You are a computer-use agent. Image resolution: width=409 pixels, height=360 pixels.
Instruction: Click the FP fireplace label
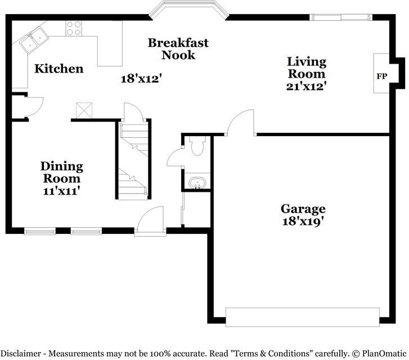pyautogui.click(x=381, y=76)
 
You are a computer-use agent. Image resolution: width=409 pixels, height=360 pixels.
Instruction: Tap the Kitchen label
pyautogui.click(x=59, y=69)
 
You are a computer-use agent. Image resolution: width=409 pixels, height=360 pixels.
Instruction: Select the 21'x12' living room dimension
pyautogui.click(x=307, y=87)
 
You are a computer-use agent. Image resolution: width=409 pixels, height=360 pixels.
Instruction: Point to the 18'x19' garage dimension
pyautogui.click(x=303, y=222)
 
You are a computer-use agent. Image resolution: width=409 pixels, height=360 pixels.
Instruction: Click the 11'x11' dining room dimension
pyautogui.click(x=61, y=191)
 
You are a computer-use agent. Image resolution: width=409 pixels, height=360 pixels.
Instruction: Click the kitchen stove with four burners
pyautogui.click(x=74, y=28)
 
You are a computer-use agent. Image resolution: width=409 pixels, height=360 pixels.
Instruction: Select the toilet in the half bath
pyautogui.click(x=197, y=146)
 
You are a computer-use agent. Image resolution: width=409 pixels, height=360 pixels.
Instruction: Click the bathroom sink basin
pyautogui.click(x=197, y=182)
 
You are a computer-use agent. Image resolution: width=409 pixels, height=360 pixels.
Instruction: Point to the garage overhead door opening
pyautogui.click(x=303, y=317)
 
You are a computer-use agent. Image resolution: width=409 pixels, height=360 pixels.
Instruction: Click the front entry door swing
pyautogui.click(x=150, y=219)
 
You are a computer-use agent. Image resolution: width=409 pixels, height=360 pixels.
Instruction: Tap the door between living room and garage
pyautogui.click(x=240, y=123)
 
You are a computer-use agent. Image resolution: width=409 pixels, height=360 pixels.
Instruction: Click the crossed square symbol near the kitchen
pyautogui.click(x=84, y=111)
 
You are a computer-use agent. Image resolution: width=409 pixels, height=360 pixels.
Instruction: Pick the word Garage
pyautogui.click(x=303, y=209)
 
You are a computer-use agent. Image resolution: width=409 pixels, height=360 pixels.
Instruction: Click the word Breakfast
pyautogui.click(x=178, y=43)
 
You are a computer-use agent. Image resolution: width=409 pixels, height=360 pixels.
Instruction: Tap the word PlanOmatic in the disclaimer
pyautogui.click(x=384, y=353)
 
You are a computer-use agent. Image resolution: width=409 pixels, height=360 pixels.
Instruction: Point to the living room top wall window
pyautogui.click(x=341, y=17)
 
